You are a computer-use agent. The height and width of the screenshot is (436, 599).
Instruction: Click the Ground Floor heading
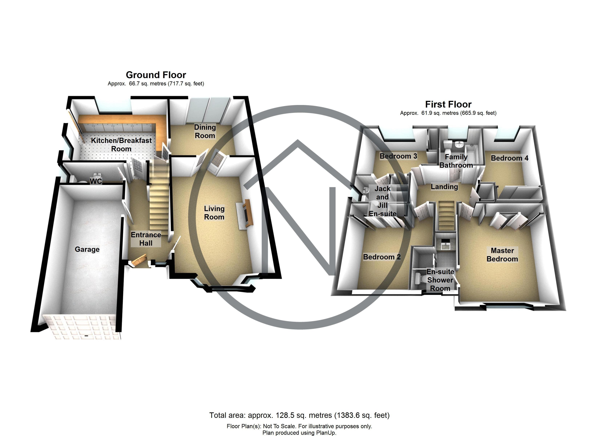[156, 75]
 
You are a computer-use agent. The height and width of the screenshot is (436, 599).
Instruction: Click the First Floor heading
[448, 104]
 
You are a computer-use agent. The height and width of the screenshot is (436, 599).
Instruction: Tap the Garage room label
[87, 249]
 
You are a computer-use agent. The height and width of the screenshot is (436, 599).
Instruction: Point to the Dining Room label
[205, 131]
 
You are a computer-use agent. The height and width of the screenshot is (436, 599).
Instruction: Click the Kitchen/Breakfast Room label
[121, 145]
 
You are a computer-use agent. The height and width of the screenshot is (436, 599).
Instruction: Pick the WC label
[96, 181]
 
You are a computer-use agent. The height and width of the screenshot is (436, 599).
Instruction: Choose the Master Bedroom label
[502, 255]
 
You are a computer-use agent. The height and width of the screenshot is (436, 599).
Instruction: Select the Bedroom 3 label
[398, 156]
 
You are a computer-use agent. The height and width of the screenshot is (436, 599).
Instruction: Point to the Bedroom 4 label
[510, 158]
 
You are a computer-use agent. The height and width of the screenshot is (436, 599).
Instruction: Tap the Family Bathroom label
[456, 161]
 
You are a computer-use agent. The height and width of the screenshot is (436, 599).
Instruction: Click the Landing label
[444, 187]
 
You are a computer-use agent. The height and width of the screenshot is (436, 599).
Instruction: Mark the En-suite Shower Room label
[440, 280]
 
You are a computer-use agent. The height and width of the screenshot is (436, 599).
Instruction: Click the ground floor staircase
[159, 196]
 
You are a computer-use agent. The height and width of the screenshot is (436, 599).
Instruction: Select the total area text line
[299, 415]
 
